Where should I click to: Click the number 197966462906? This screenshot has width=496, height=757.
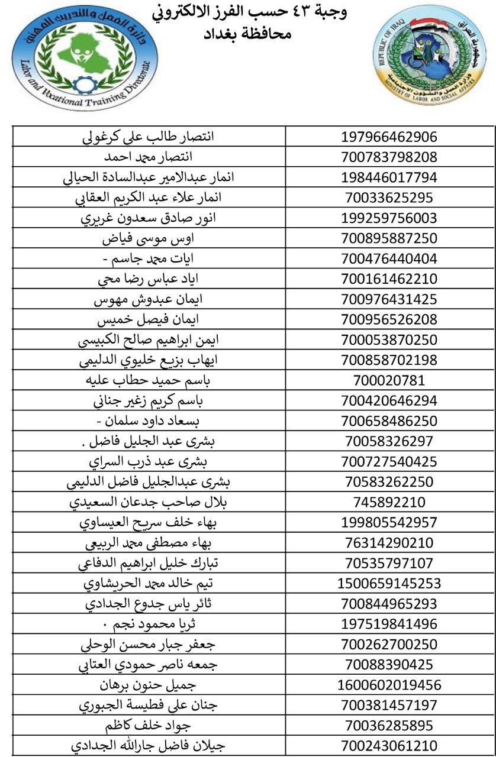(x=389, y=137)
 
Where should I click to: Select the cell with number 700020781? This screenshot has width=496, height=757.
(x=389, y=380)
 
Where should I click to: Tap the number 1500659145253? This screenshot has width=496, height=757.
(x=389, y=583)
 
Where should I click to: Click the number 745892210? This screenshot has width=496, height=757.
(x=389, y=502)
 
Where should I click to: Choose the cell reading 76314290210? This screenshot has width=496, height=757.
(x=389, y=543)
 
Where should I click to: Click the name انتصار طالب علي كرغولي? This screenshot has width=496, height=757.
(x=147, y=137)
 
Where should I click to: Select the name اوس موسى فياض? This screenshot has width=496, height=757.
(x=148, y=238)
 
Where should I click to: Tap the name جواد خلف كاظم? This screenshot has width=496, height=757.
(x=148, y=725)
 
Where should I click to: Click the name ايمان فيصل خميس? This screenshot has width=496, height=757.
(x=148, y=320)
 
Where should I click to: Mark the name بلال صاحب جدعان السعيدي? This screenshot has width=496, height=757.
(x=148, y=502)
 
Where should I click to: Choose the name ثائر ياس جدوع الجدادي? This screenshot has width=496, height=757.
(x=148, y=604)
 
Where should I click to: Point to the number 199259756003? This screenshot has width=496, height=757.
(x=389, y=218)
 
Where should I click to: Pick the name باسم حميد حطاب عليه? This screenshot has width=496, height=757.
(x=148, y=380)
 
